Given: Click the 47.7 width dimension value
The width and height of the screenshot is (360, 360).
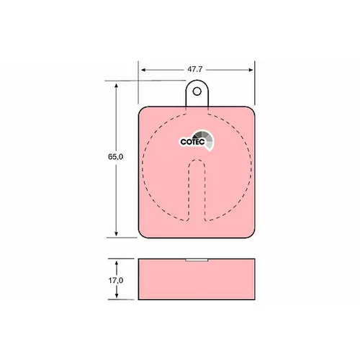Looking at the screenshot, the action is [195, 69].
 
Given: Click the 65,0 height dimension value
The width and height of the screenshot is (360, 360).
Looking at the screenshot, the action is [115, 157].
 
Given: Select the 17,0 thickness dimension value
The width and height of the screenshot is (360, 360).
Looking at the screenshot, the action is [116, 280].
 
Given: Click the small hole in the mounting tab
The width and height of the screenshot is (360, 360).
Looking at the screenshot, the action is [197, 91].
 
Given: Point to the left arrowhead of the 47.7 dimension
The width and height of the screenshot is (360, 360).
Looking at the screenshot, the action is [143, 70].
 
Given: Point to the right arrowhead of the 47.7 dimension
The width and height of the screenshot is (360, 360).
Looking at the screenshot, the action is [251, 70].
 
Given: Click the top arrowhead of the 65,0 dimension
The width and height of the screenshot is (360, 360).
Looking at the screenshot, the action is [116, 86].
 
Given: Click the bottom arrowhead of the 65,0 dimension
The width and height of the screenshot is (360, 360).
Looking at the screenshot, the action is [116, 233].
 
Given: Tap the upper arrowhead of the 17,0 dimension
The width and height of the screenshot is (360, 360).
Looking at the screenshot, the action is [117, 264].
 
